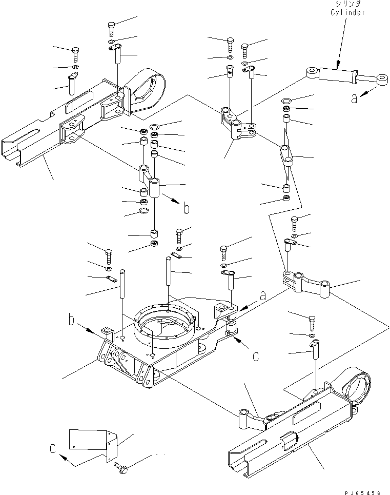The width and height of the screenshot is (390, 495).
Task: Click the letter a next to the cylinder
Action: coord(354,97)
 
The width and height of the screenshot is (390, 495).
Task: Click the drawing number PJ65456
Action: coord(361,492)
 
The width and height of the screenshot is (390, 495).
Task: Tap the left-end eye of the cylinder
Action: coord(312,73)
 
